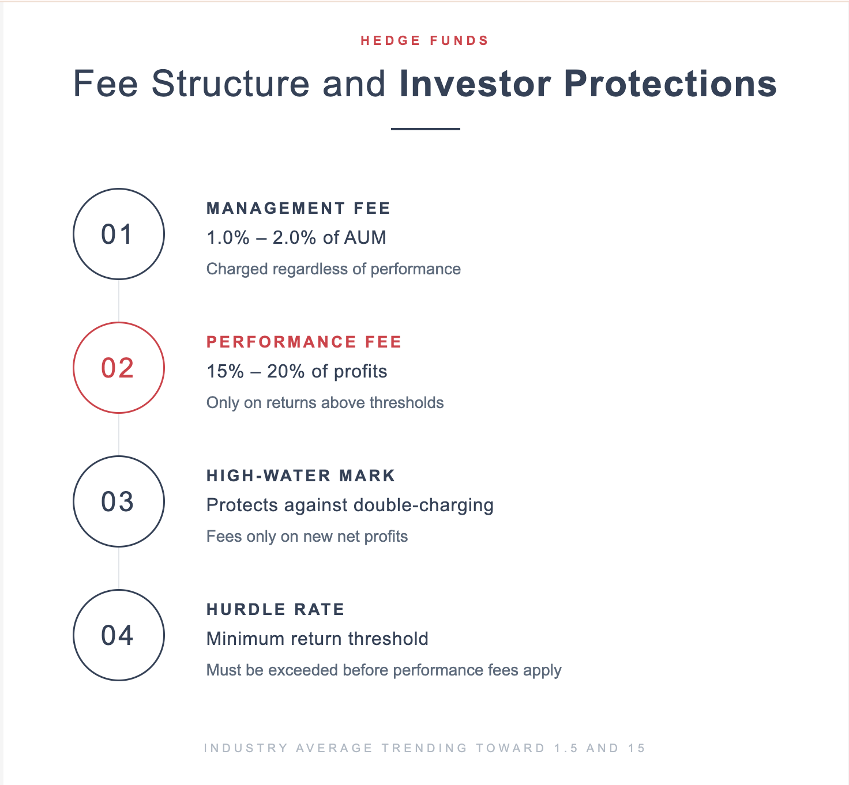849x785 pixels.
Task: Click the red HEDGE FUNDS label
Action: (x=424, y=41)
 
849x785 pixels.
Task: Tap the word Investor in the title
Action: (x=475, y=84)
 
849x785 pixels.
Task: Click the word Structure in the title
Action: (x=231, y=84)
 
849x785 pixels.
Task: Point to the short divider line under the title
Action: (x=425, y=129)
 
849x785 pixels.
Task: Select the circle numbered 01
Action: (x=118, y=234)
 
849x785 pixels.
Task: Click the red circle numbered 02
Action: (x=118, y=368)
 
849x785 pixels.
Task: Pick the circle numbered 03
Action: (x=118, y=501)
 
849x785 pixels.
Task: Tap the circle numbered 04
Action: (x=118, y=635)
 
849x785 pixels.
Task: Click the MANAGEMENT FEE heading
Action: (x=298, y=208)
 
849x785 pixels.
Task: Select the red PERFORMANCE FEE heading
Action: (x=304, y=342)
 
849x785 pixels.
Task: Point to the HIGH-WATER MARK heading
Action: (x=300, y=475)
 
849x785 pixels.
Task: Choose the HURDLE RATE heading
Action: (x=275, y=609)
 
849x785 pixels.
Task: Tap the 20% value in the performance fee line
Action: (x=285, y=371)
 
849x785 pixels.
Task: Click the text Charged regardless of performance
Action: (x=333, y=269)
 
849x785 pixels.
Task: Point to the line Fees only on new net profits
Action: (x=307, y=537)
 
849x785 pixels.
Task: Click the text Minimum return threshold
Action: (x=317, y=639)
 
